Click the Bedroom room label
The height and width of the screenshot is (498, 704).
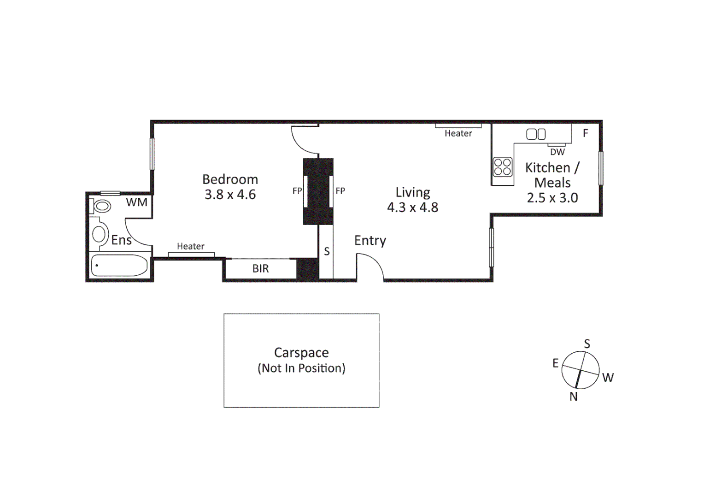230,179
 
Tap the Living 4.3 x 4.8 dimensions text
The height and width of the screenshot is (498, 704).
412,207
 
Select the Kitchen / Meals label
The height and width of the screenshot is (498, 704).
552,175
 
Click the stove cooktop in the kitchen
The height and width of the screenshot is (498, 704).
502,167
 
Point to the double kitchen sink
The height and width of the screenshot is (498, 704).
536,134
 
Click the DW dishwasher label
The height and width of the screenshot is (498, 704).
557,152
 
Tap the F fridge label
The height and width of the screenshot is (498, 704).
586,133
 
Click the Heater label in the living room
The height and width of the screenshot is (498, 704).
458,133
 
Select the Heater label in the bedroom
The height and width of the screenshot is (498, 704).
190,246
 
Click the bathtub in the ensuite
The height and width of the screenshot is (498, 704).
119,266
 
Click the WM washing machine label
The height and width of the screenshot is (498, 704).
137,202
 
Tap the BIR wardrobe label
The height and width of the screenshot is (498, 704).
260,269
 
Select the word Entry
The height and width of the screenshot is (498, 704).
370,241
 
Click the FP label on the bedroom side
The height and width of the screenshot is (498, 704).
297,191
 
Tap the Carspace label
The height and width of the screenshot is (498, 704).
301,353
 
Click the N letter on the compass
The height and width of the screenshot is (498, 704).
574,397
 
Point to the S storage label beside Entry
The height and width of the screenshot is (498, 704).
327,251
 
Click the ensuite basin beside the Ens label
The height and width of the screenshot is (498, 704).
99,234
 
